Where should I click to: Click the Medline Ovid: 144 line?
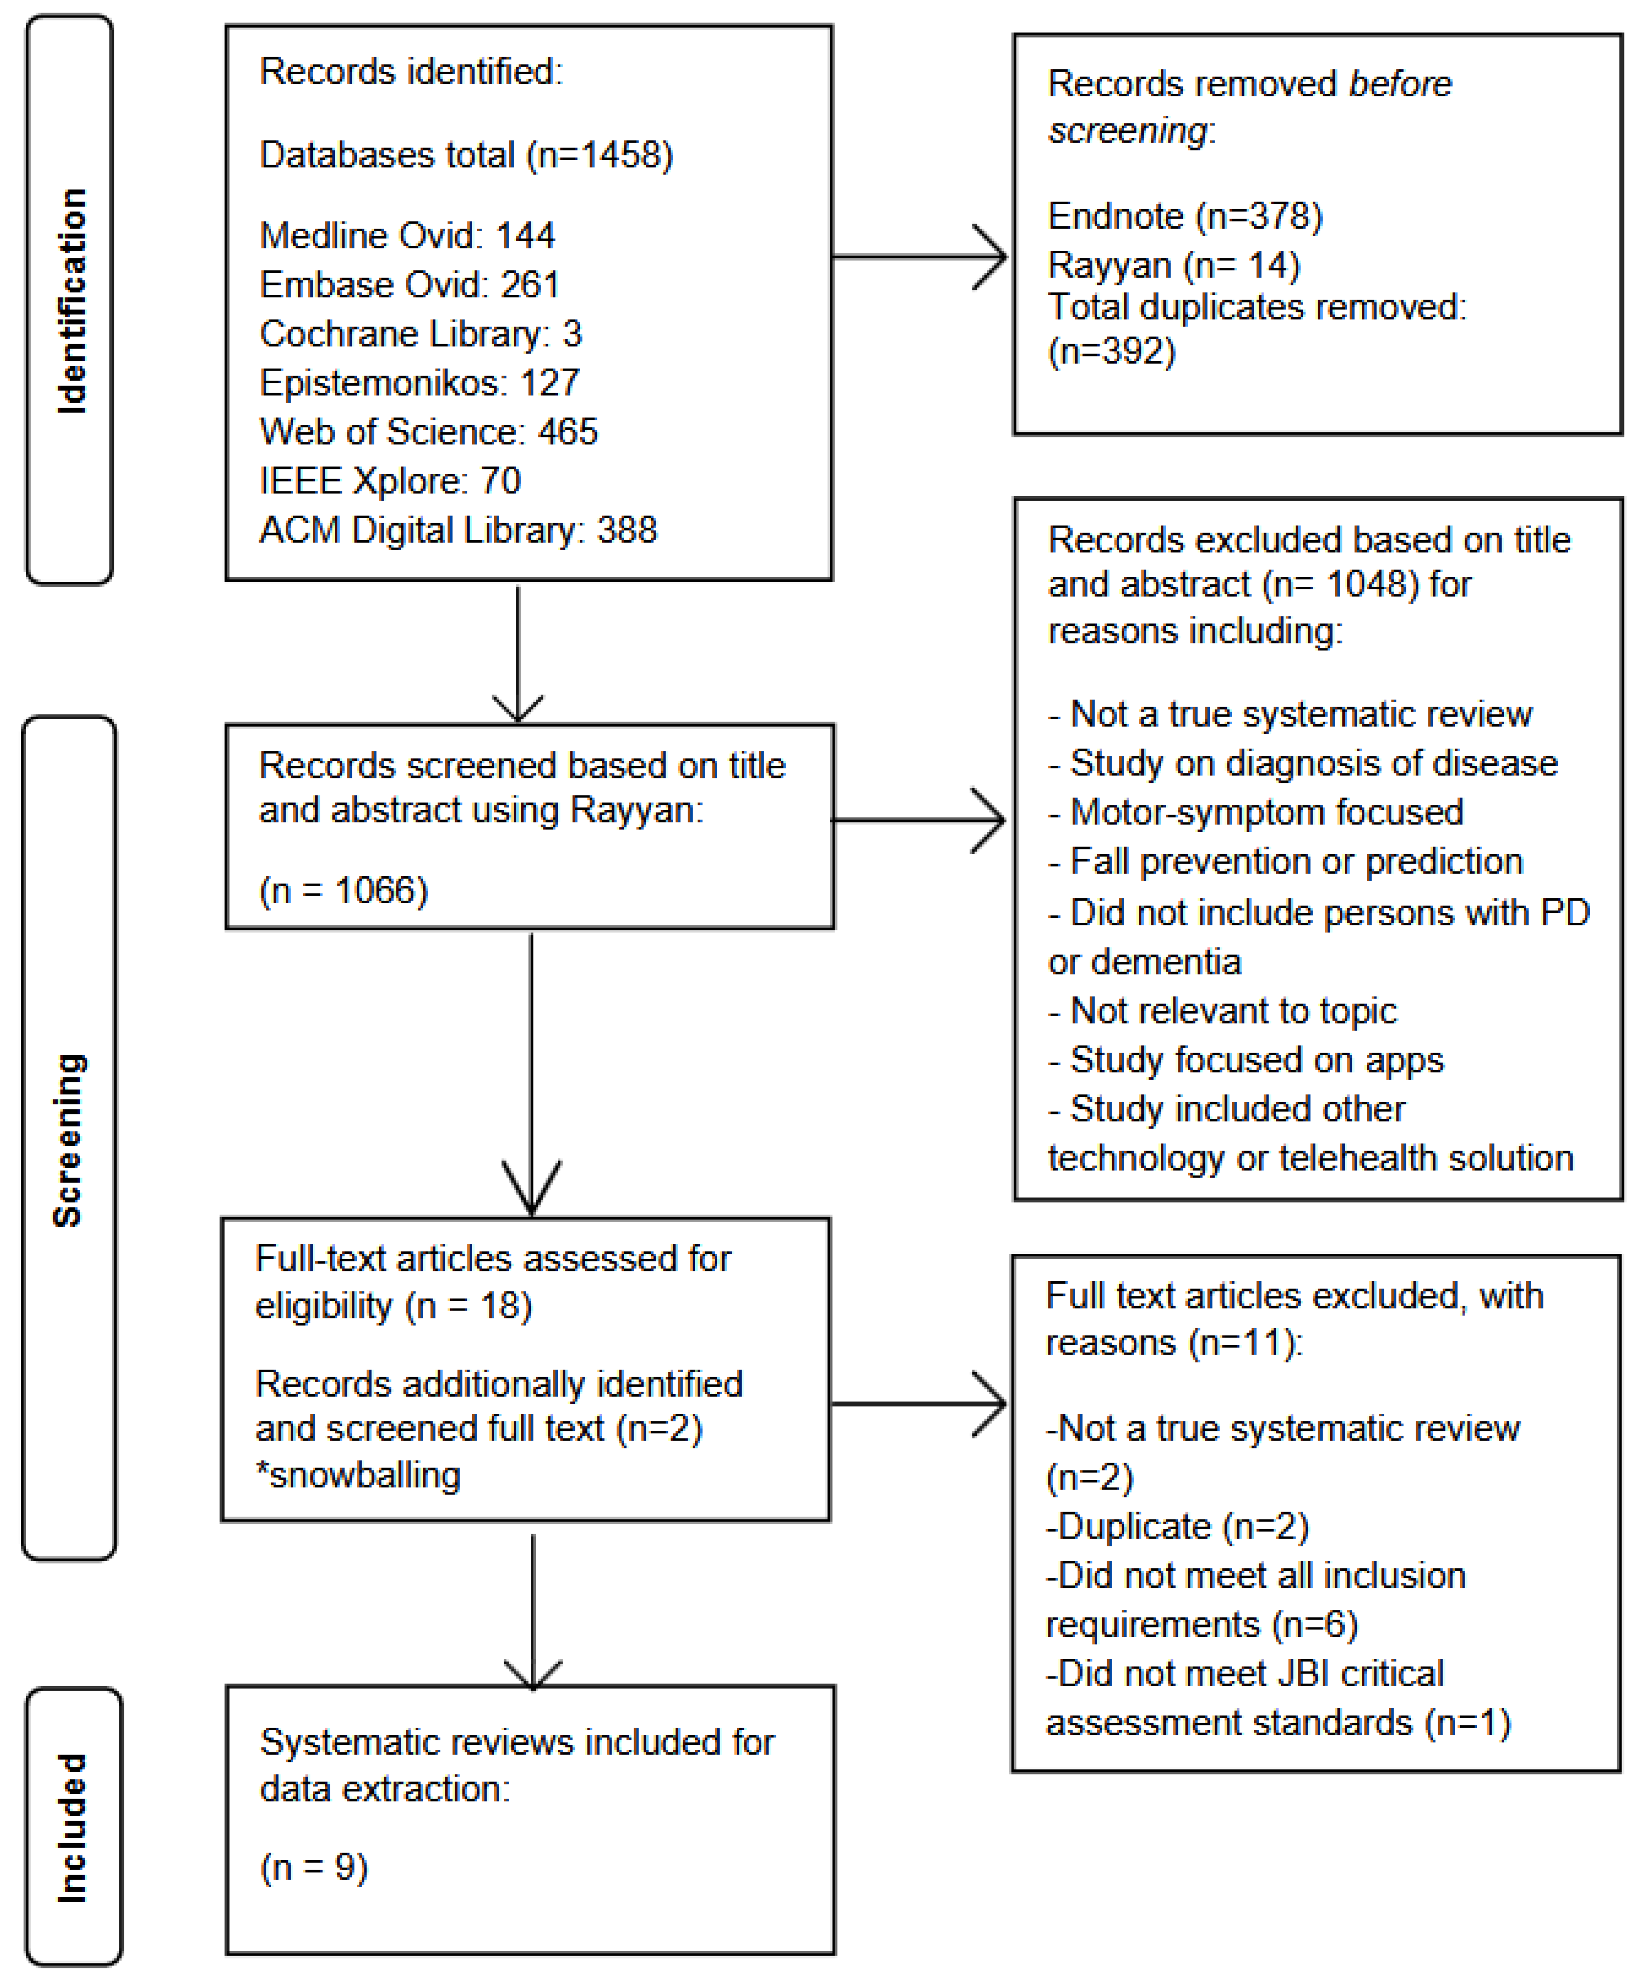pos(406,235)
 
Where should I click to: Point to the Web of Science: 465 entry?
pos(428,431)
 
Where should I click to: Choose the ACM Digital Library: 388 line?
pos(458,530)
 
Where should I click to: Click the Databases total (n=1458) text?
pos(466,154)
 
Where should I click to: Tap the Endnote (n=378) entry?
pos(1185,217)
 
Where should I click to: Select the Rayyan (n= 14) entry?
pos(1173,265)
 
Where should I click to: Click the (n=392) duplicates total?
pos(1111,351)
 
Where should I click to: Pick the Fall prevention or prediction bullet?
pos(1286,862)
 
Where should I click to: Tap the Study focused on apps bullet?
pos(1246,1060)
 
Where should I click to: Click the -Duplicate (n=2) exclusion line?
pos(1177,1526)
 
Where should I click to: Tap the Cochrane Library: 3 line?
pos(421,334)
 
